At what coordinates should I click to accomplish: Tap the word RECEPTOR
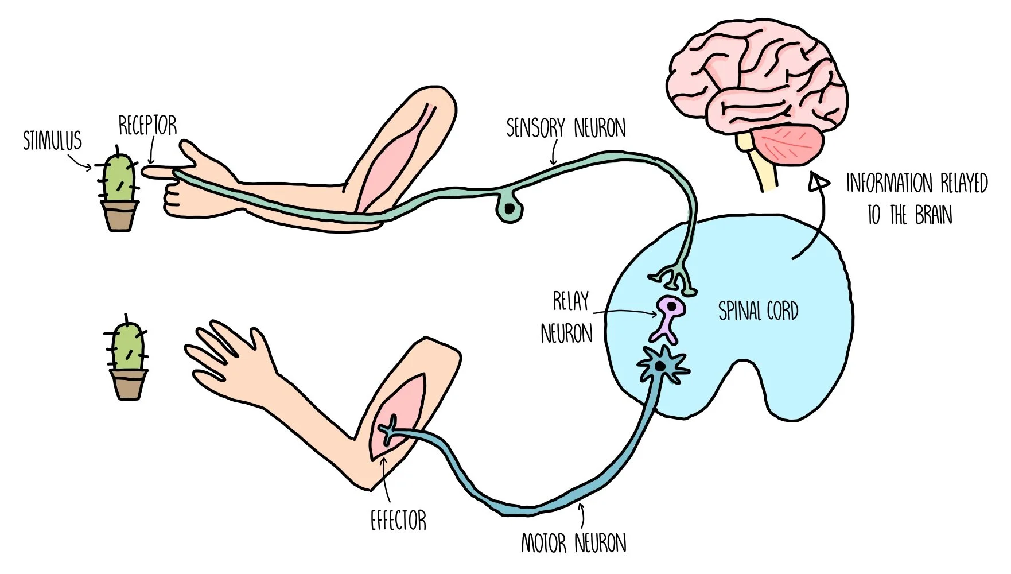[147, 126]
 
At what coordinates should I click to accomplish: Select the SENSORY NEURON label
[566, 128]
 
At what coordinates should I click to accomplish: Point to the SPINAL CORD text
[758, 312]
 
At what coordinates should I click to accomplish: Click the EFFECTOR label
[398, 521]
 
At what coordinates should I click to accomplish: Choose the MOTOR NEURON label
[573, 543]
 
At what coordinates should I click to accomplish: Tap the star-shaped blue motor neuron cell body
[662, 365]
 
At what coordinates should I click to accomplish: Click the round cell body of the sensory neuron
[509, 210]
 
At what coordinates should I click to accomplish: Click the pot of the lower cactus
[129, 383]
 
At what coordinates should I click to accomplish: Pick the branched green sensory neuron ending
[673, 278]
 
